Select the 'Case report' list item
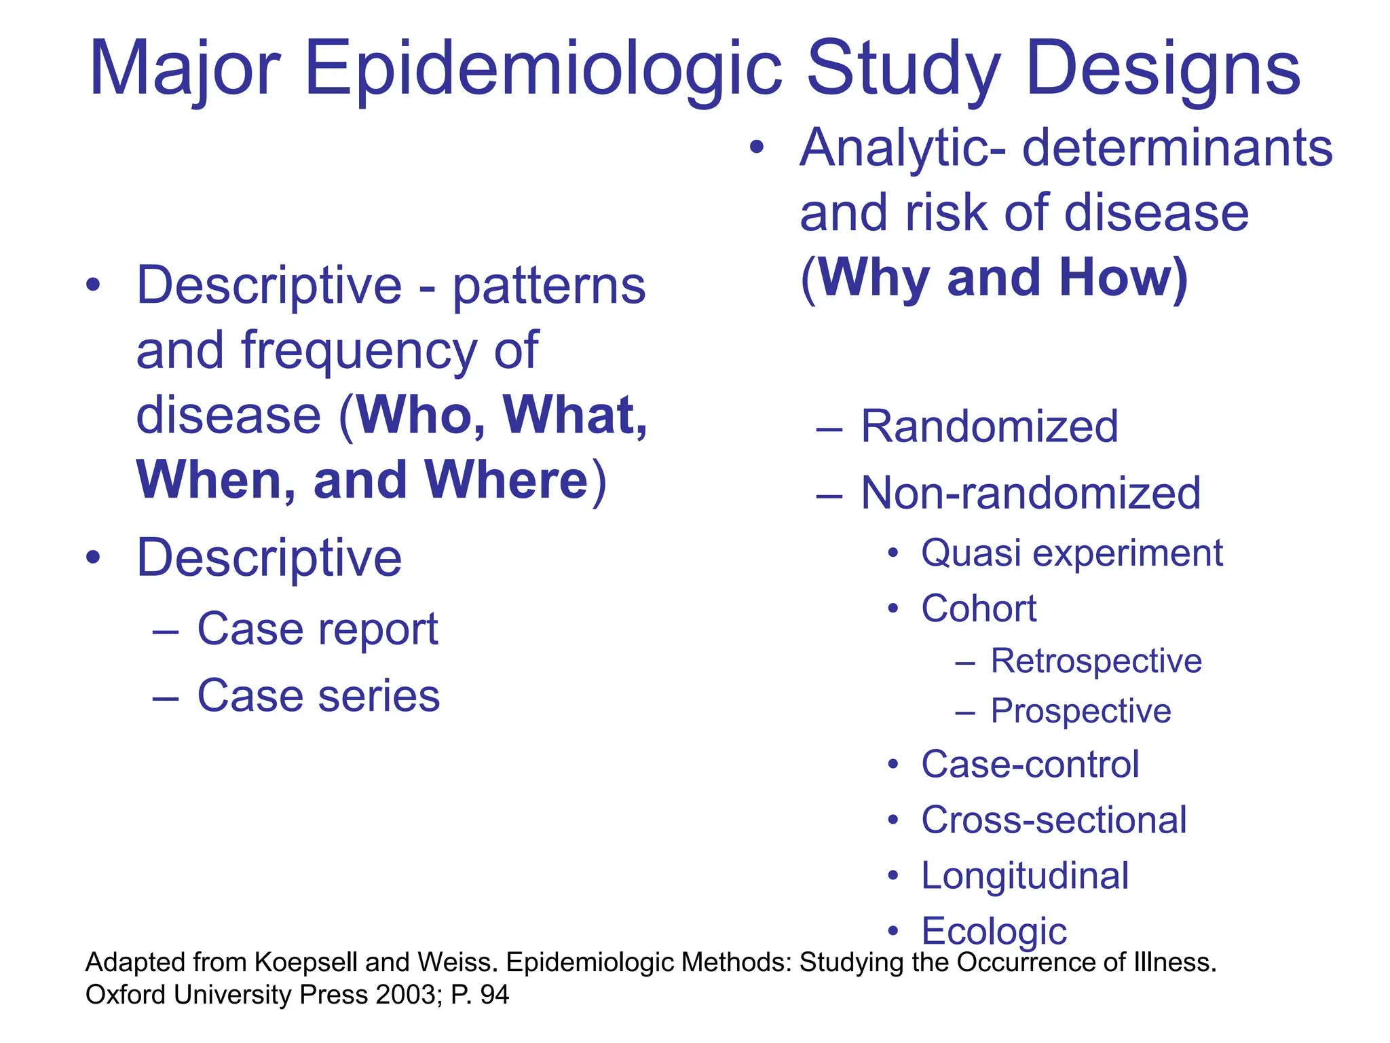tap(317, 629)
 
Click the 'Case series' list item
tap(318, 696)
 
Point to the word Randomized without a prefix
tap(989, 426)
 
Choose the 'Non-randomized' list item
tap(1030, 493)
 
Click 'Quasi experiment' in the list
tap(1071, 553)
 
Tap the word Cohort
tap(978, 608)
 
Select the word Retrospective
tap(1095, 661)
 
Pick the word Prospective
tap(1081, 711)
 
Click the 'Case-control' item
tap(1030, 765)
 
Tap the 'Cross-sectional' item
tap(1053, 820)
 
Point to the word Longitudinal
tap(1024, 876)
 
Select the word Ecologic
tap(994, 931)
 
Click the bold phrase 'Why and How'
tap(994, 278)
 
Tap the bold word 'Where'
tap(506, 481)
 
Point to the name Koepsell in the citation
tap(306, 963)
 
